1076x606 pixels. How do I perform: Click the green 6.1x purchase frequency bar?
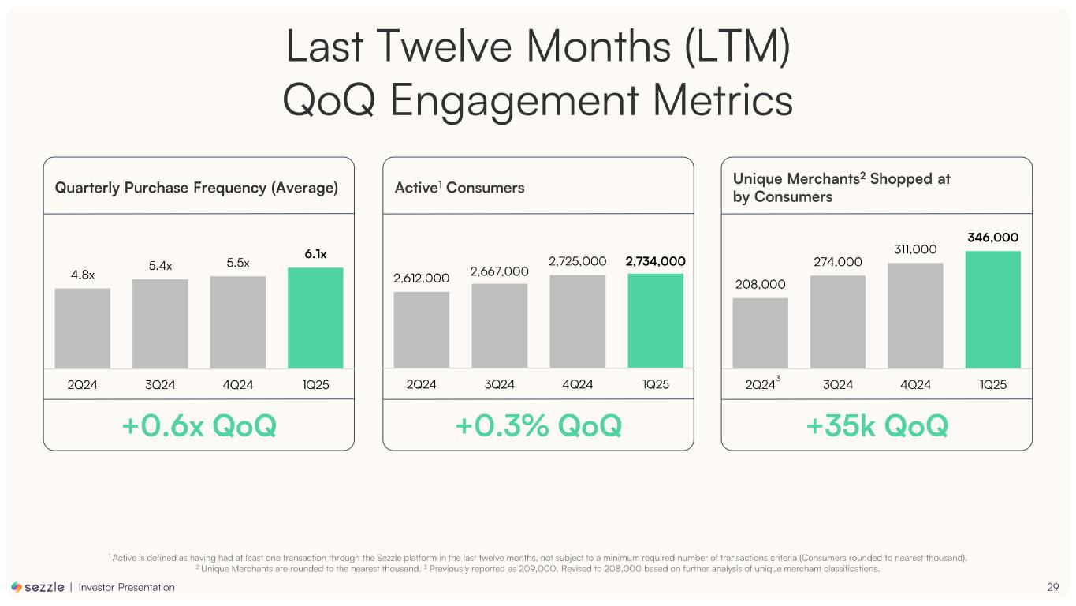(315, 317)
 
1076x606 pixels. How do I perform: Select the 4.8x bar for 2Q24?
(82, 327)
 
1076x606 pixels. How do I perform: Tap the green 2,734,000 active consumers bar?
(655, 320)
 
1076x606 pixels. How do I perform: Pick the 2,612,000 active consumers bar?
(421, 329)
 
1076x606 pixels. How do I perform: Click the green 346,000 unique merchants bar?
(992, 309)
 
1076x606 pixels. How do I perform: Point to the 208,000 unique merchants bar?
(760, 332)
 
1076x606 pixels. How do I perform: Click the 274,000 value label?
(837, 262)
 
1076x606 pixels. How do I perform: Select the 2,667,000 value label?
(499, 271)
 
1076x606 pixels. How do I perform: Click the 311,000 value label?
(914, 249)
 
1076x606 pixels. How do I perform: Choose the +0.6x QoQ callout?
(199, 426)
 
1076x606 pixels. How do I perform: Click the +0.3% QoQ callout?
(538, 426)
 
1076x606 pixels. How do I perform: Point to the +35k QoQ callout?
(877, 426)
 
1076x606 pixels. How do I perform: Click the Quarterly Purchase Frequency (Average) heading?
(196, 188)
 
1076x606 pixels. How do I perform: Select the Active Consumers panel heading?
(459, 188)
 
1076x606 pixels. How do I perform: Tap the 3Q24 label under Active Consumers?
(499, 385)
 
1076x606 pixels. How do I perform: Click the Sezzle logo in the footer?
(38, 587)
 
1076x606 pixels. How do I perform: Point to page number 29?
(1052, 587)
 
